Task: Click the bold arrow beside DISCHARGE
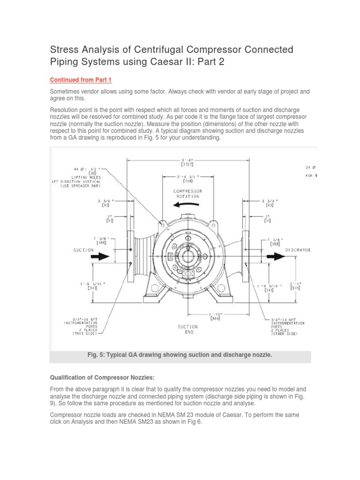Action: pyautogui.click(x=274, y=256)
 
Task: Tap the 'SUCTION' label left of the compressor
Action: pyautogui.click(x=83, y=250)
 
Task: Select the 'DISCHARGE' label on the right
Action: pyautogui.click(x=298, y=250)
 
